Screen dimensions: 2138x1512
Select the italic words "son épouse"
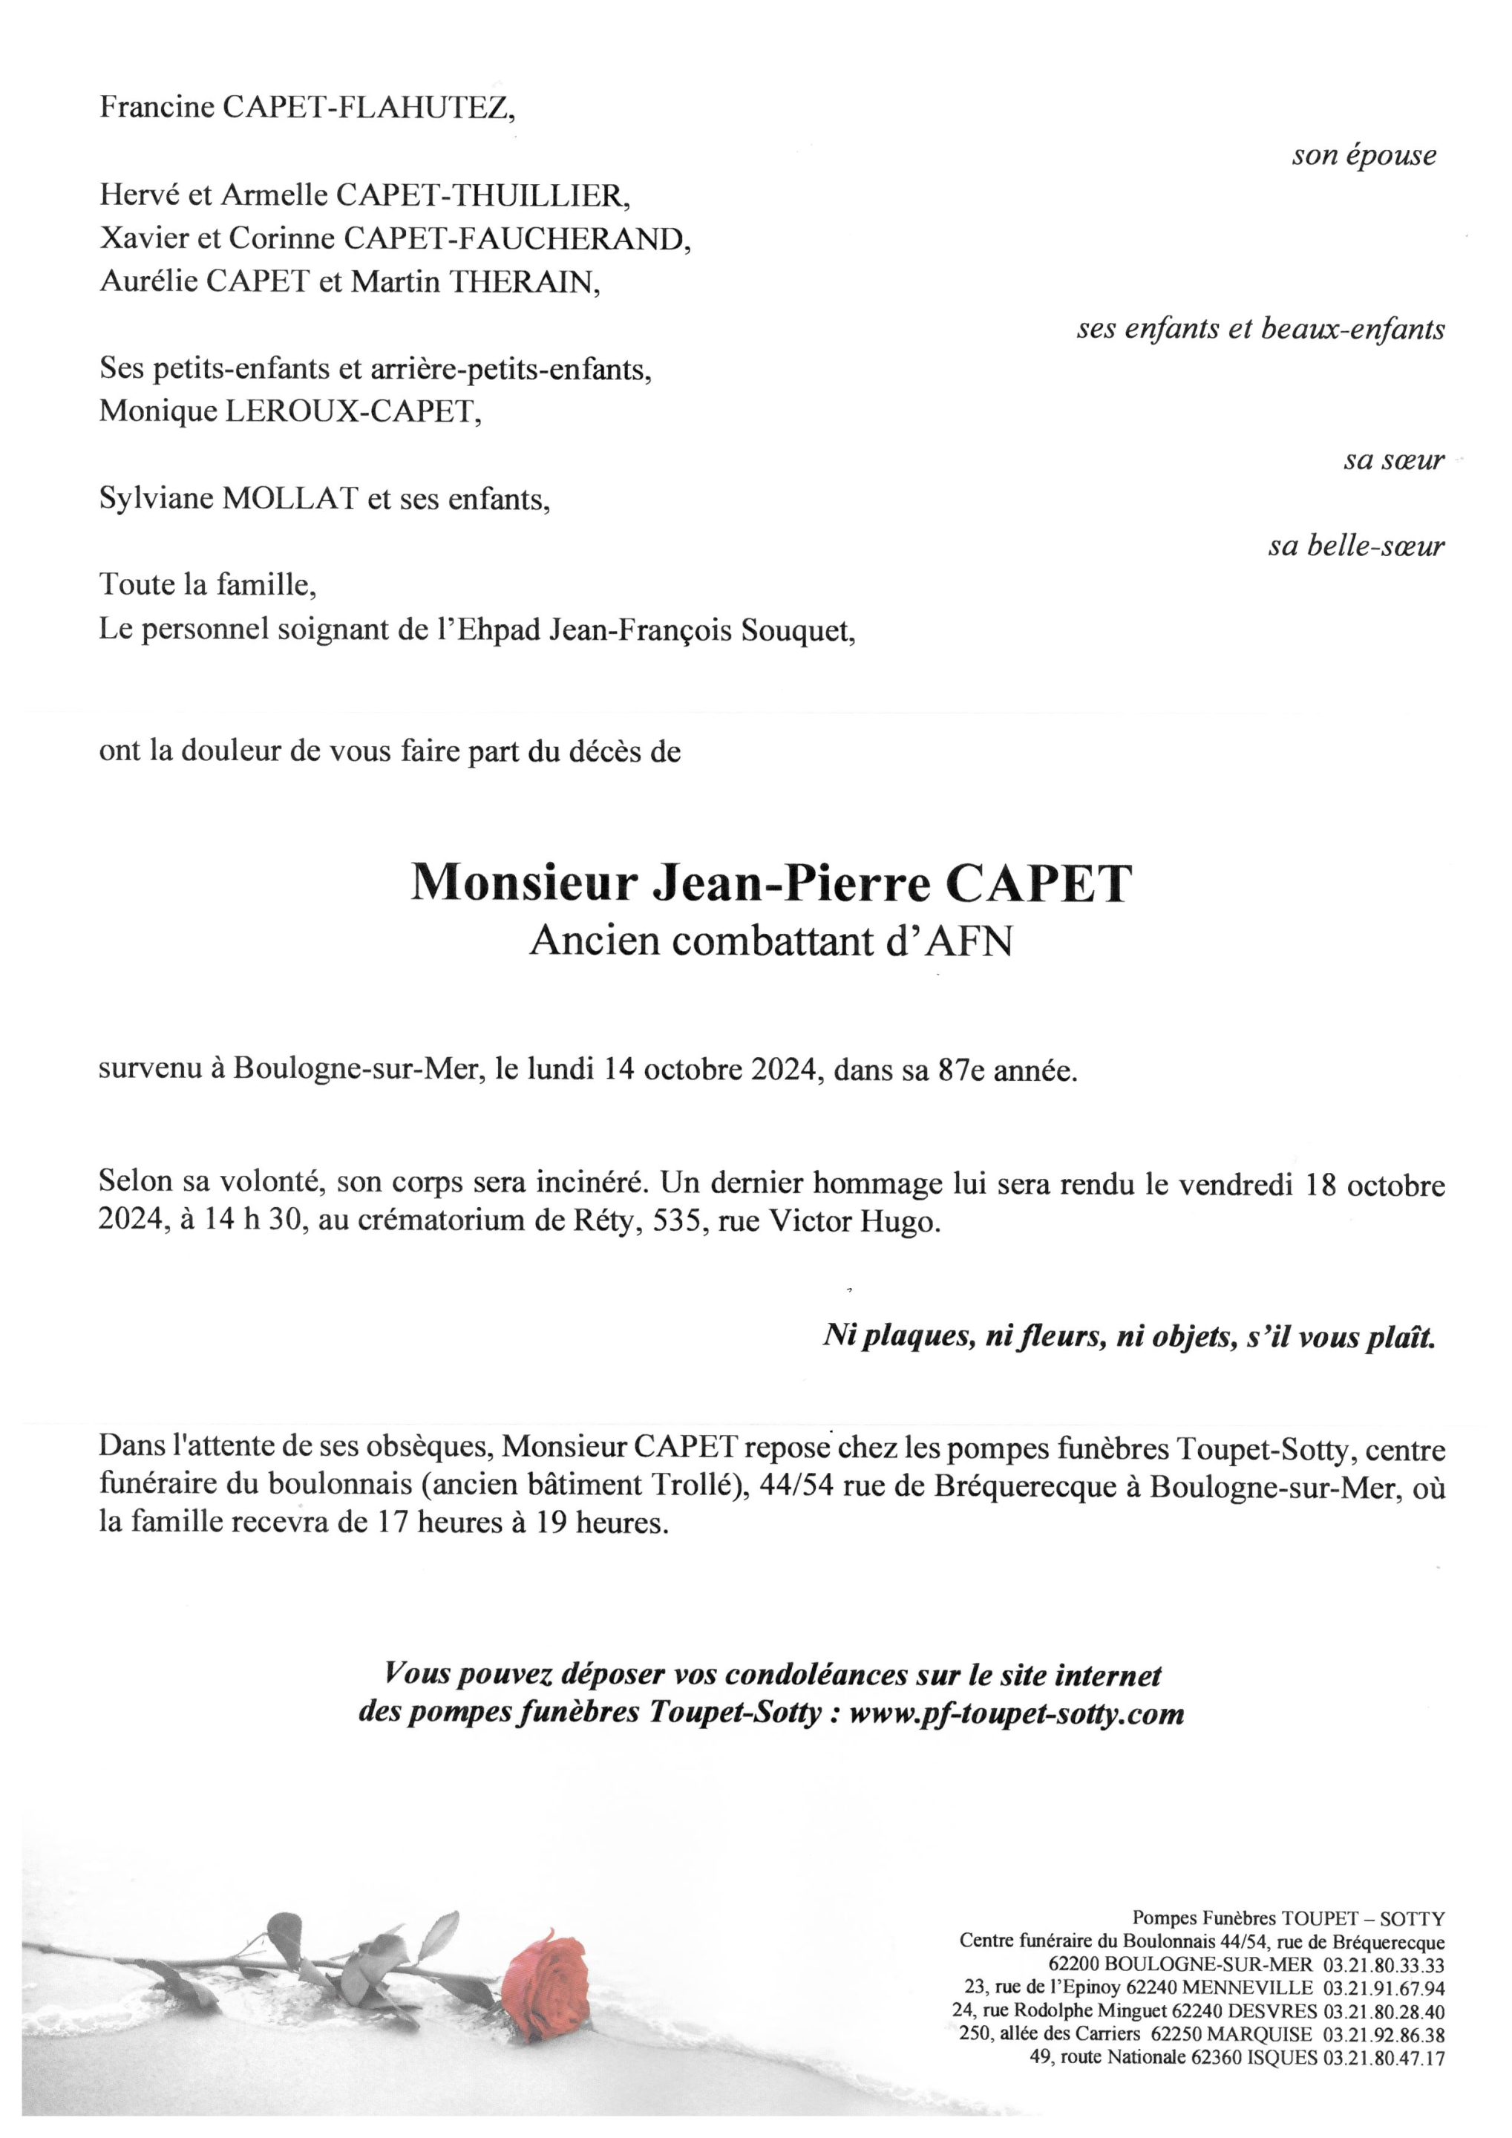click(x=1364, y=155)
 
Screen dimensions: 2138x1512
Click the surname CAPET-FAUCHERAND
click(x=517, y=239)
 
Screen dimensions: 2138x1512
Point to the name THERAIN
click(x=524, y=282)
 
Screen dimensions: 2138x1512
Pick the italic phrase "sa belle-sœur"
click(x=1355, y=546)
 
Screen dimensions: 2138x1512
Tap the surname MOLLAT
click(x=289, y=500)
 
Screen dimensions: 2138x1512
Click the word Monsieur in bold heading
click(x=524, y=883)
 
